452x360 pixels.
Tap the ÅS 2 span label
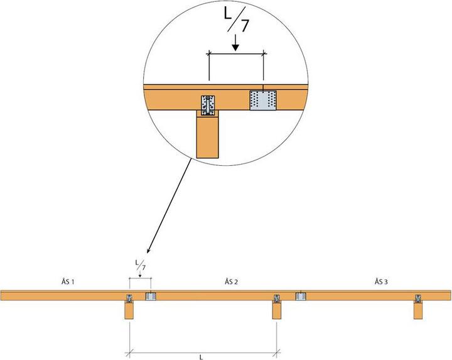pyautogui.click(x=231, y=282)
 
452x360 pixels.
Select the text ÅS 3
pyautogui.click(x=380, y=281)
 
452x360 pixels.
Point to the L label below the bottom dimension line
pyautogui.click(x=200, y=356)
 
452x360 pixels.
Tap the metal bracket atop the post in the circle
pyautogui.click(x=208, y=105)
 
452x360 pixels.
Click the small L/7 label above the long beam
pyautogui.click(x=139, y=265)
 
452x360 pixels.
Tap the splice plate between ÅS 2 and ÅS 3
pyautogui.click(x=300, y=295)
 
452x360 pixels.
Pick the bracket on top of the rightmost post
pyautogui.click(x=418, y=298)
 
